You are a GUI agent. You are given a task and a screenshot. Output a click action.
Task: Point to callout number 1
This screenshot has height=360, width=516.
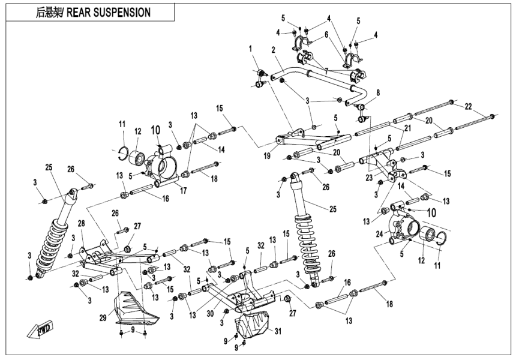252,48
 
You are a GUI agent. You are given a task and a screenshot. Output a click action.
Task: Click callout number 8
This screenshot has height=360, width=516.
377,92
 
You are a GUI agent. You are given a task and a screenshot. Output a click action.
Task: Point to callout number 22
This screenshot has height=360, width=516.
467,106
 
